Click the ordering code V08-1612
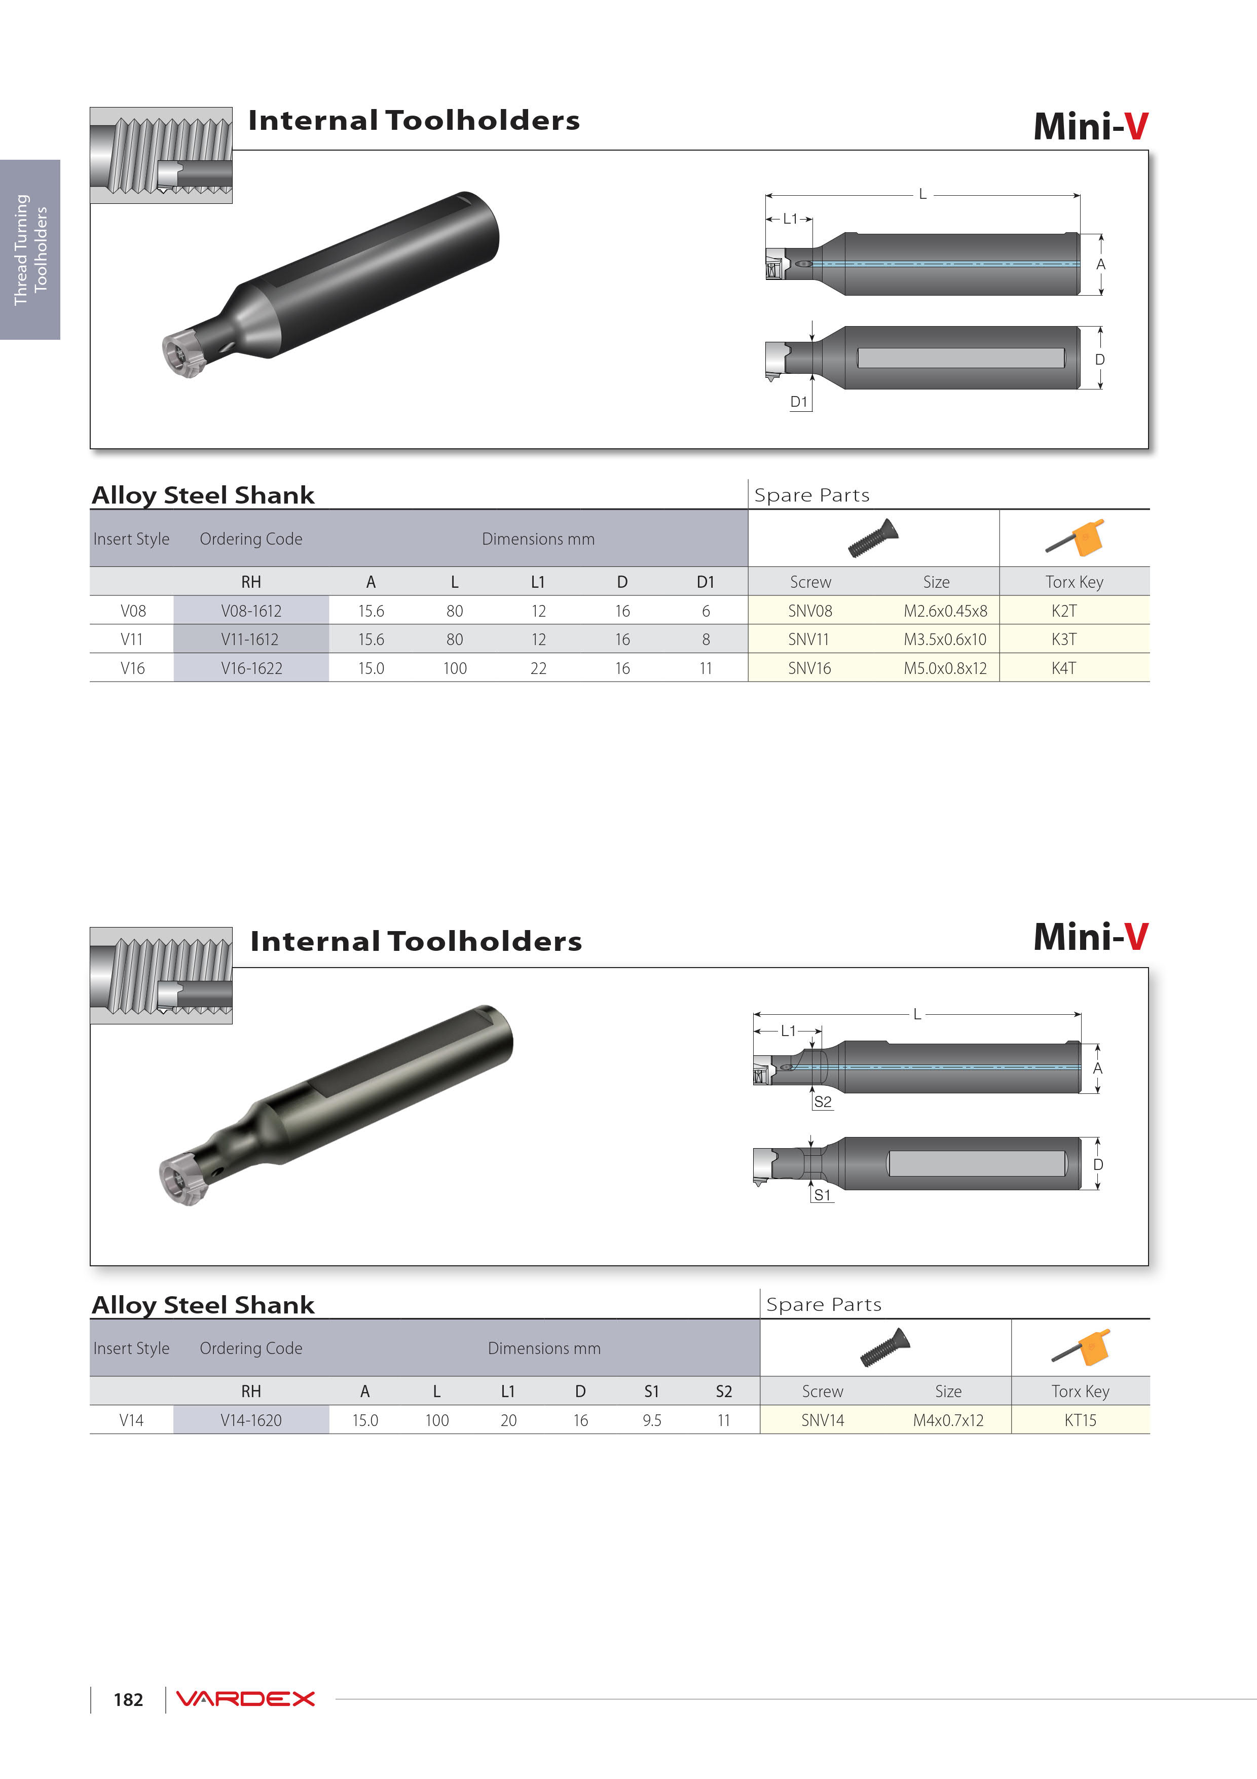[x=251, y=611]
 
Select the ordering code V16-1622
[x=251, y=668]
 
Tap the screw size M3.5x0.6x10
[x=945, y=639]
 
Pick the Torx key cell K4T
[x=1063, y=668]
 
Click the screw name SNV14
[x=823, y=1420]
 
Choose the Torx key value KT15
[x=1081, y=1420]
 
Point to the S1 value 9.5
[x=652, y=1420]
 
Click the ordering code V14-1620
[x=251, y=1420]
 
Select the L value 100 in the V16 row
[x=455, y=668]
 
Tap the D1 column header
[x=706, y=582]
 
